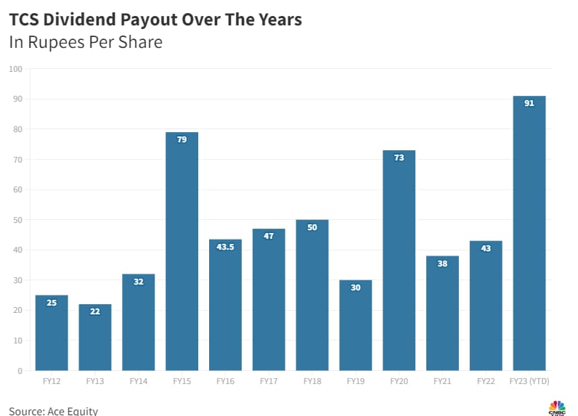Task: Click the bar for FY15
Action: click(x=182, y=254)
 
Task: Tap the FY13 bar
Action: click(x=94, y=338)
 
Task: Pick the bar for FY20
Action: click(x=399, y=261)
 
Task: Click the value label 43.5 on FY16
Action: click(x=225, y=248)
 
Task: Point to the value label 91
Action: click(x=529, y=103)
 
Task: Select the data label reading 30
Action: click(x=355, y=287)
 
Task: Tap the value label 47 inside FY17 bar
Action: click(x=269, y=236)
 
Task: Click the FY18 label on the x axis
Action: click(x=312, y=381)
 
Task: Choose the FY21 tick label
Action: click(x=442, y=381)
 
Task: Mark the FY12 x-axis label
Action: click(x=51, y=381)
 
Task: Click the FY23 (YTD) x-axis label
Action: click(x=529, y=381)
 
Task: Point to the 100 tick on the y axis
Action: click(x=16, y=69)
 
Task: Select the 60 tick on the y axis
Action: click(x=18, y=189)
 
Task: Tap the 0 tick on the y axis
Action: click(x=20, y=371)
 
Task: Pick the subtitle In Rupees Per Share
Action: click(x=86, y=42)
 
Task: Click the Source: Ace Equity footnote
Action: click(x=53, y=411)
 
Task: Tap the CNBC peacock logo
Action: click(x=557, y=407)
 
